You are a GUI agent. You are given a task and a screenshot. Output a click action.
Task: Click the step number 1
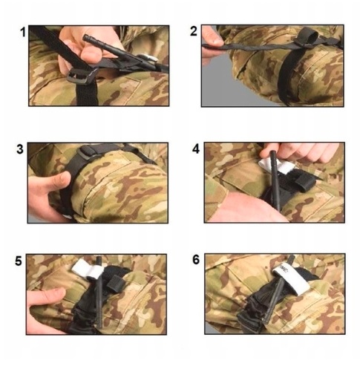[23, 32]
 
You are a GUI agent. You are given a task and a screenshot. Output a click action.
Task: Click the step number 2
[194, 32]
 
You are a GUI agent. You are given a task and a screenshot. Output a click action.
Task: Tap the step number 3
[20, 149]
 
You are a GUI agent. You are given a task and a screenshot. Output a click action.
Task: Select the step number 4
[196, 149]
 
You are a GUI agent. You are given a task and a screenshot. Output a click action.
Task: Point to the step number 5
[19, 261]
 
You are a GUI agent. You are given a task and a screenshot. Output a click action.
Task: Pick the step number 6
[196, 260]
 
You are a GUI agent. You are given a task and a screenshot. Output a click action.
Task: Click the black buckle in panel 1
[82, 76]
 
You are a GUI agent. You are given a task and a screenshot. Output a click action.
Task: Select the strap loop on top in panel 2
[307, 37]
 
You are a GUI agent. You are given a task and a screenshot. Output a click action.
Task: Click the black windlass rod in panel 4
[275, 180]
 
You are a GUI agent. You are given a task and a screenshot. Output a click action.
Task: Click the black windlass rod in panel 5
[99, 292]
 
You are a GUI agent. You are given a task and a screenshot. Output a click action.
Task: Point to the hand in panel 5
[46, 310]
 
